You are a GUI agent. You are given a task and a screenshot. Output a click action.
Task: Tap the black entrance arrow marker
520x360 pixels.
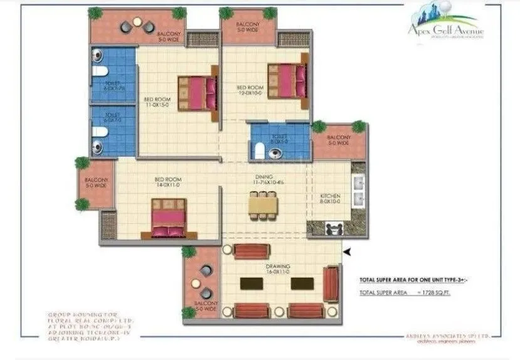(346, 252)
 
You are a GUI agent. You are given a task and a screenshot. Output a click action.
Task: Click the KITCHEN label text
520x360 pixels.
(330, 198)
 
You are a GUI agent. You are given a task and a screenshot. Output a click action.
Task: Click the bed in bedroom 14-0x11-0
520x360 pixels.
(169, 219)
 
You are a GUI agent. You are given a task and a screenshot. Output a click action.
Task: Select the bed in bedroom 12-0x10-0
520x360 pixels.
(287, 80)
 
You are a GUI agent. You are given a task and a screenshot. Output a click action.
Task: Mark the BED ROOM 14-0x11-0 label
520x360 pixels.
(167, 183)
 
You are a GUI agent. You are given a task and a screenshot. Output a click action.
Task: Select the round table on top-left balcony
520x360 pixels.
(137, 25)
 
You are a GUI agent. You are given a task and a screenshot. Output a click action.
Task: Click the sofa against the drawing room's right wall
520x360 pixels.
(330, 284)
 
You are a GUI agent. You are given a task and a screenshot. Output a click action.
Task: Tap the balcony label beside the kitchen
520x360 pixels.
(338, 139)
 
